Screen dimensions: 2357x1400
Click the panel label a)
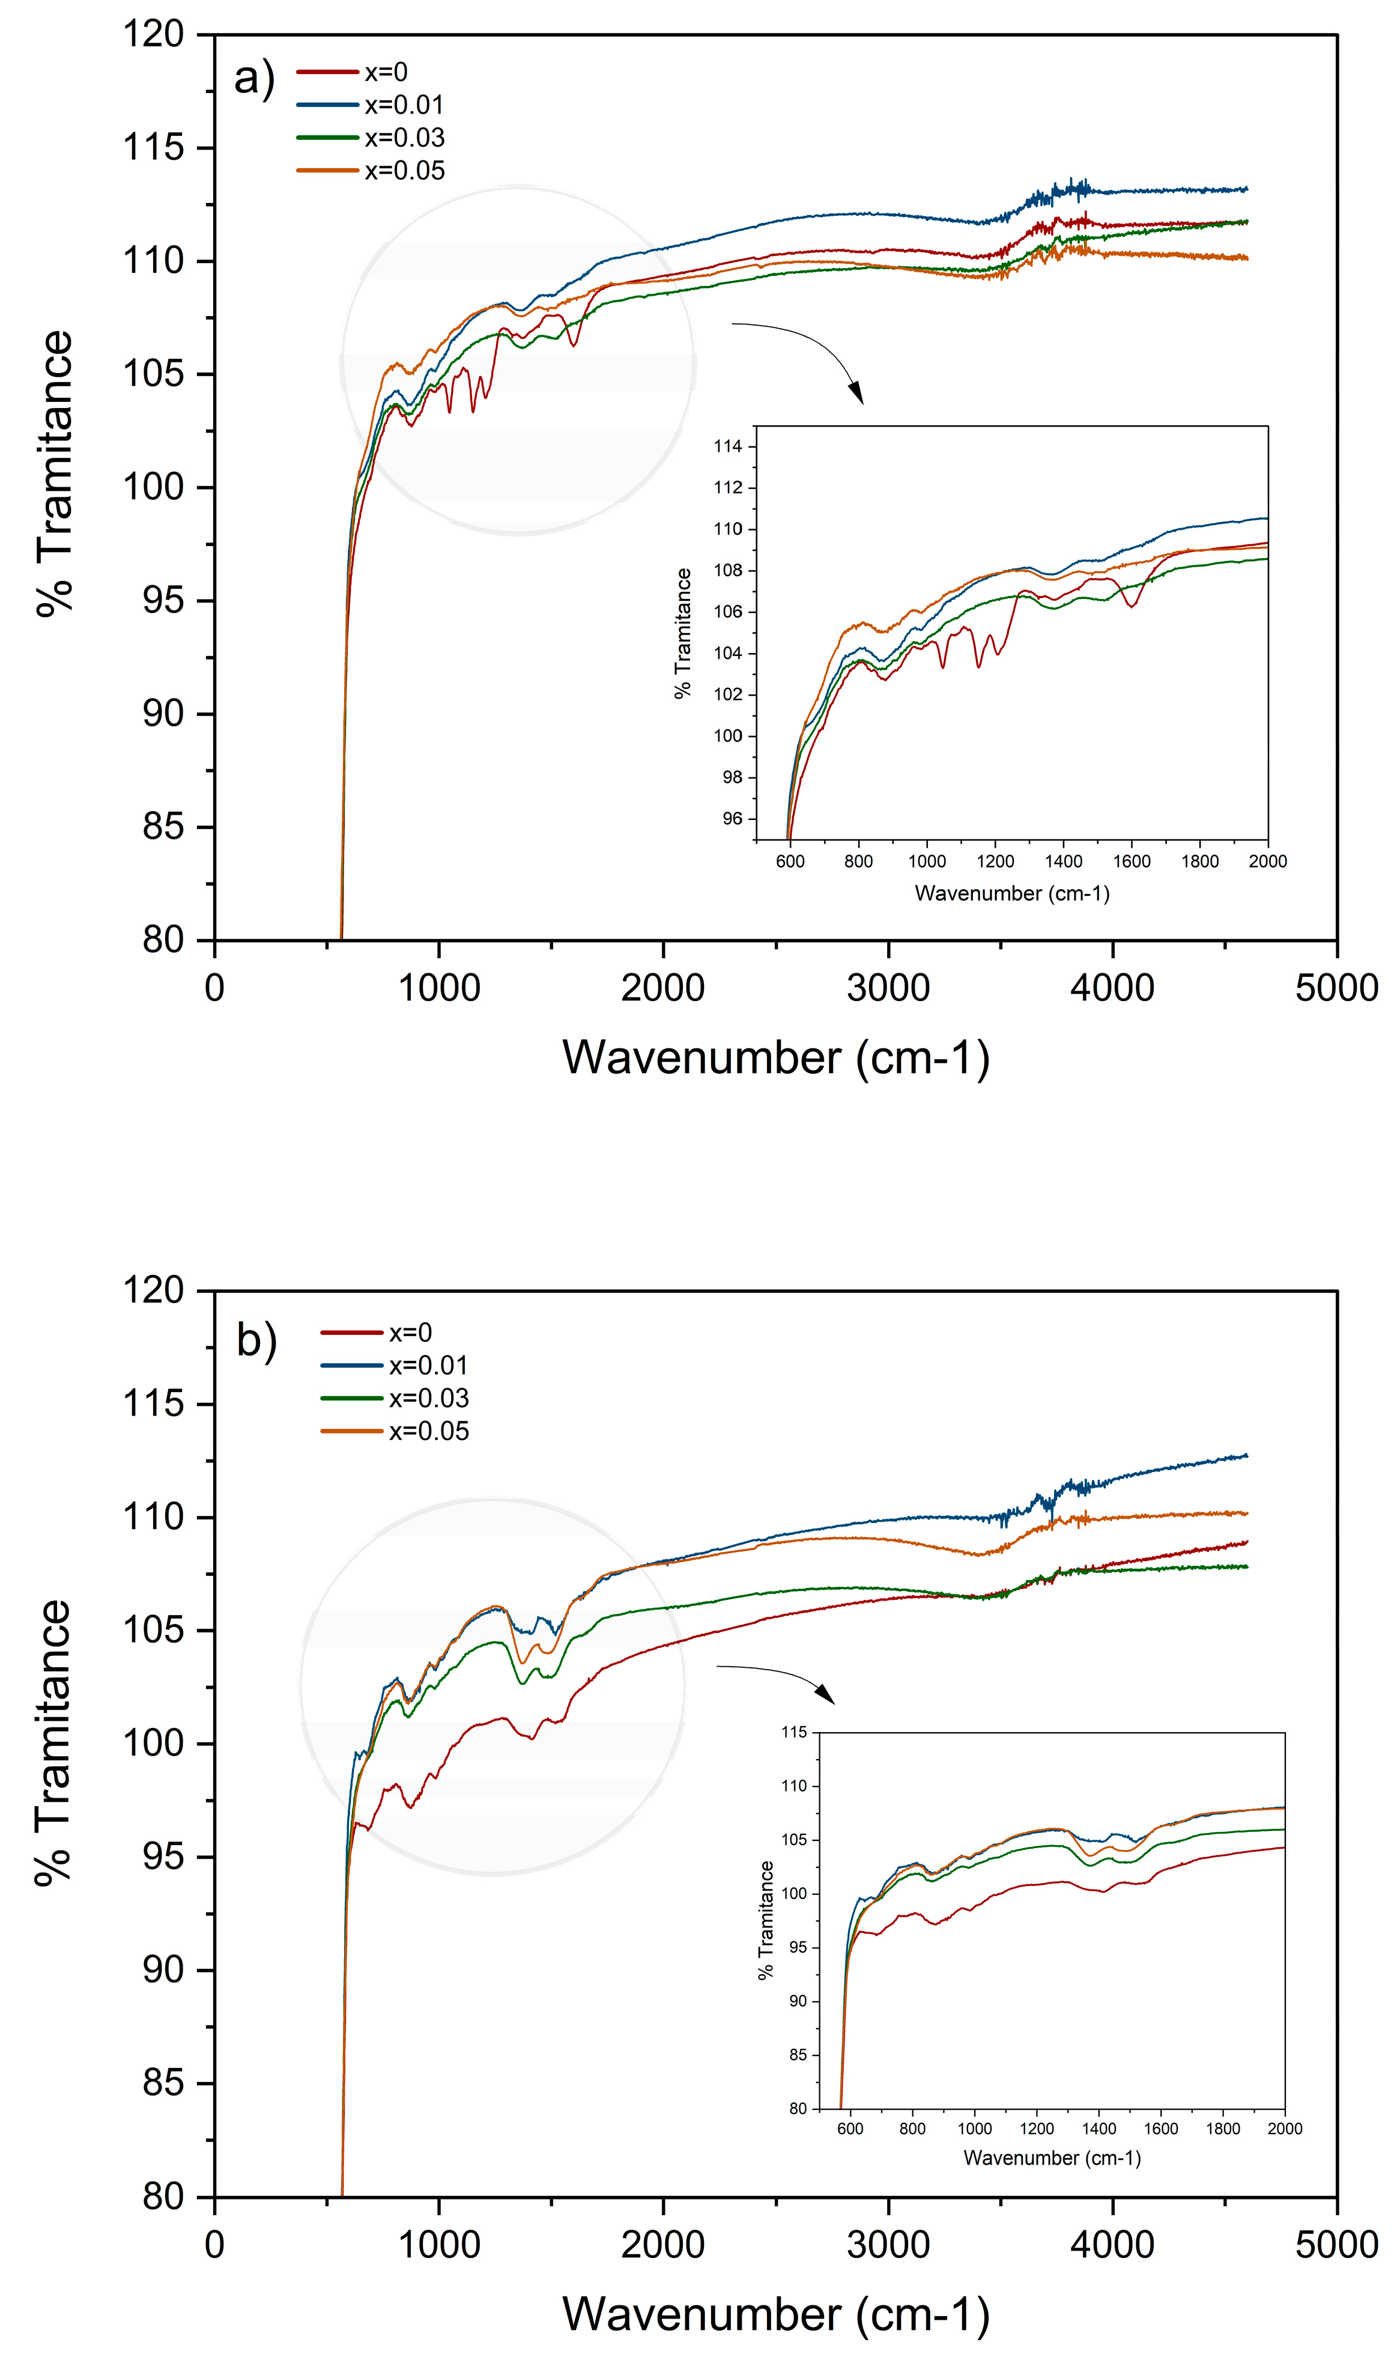[254, 78]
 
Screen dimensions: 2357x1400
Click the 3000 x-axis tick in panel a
[888, 987]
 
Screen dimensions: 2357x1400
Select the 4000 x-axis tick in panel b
[1112, 2244]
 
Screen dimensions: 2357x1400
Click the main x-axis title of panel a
[775, 1057]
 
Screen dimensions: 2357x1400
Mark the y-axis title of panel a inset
[682, 633]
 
